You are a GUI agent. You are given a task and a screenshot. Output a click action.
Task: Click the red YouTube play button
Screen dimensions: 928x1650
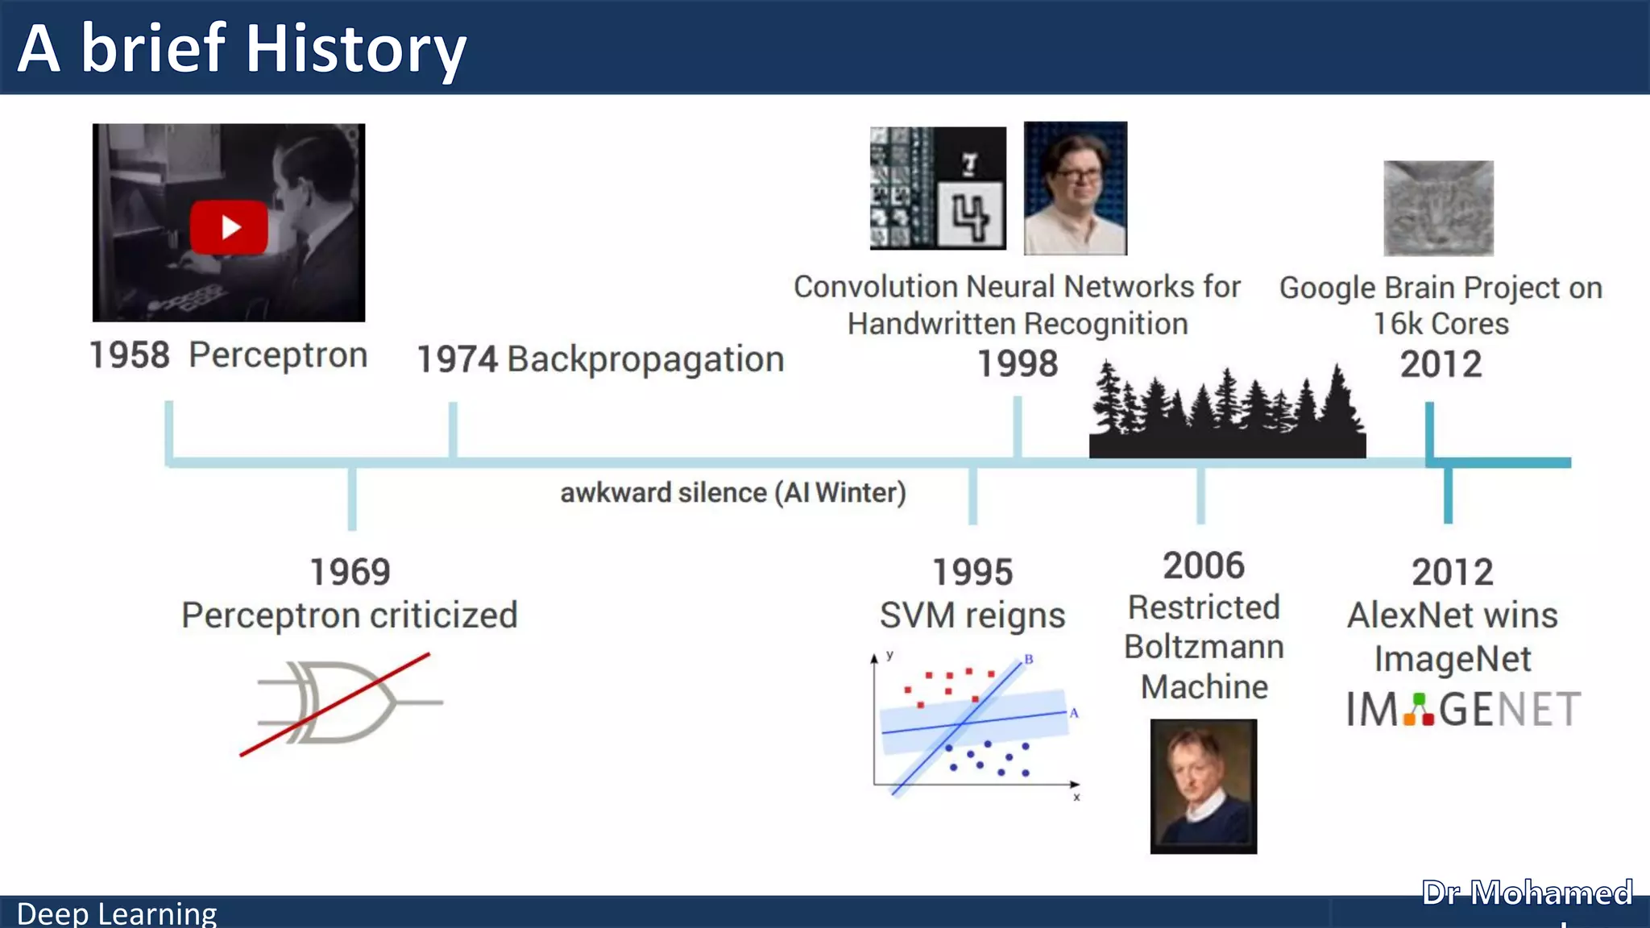229,227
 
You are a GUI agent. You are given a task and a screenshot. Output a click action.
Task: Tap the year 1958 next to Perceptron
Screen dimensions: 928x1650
129,355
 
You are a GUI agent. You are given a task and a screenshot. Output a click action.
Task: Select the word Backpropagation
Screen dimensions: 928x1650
645,359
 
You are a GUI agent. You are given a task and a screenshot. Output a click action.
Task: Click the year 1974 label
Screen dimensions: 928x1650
457,359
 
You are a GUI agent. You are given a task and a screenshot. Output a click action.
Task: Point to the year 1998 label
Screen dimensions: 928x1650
1017,363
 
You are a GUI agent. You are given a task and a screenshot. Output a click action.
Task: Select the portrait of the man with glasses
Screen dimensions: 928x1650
1075,188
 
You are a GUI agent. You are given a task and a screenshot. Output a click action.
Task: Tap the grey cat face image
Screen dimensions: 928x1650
1438,209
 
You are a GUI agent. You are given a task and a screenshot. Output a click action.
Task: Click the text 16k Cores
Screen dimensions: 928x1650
1441,324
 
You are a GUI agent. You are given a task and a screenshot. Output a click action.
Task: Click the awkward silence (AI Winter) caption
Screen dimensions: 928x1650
732,492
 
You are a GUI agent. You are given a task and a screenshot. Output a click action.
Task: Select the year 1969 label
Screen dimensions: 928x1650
350,572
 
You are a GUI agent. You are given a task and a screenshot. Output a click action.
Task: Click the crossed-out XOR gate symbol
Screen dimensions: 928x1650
342,702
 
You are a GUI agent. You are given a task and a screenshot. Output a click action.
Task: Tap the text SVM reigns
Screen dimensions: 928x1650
972,615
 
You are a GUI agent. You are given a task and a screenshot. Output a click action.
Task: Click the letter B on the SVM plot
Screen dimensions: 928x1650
1028,659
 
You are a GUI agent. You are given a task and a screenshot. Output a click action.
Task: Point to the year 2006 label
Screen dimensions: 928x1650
1203,565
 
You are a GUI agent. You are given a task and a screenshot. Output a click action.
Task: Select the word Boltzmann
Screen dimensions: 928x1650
1204,647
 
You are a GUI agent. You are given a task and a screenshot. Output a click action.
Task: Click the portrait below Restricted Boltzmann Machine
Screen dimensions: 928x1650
1203,786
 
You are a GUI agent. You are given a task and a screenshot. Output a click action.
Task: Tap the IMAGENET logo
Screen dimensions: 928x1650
1462,710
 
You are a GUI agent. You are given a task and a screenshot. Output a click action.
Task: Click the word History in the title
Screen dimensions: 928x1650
355,49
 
